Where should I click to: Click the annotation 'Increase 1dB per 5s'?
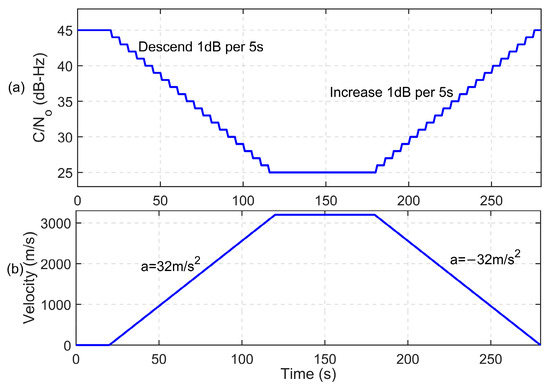coord(392,92)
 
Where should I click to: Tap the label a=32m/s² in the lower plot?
coord(178,267)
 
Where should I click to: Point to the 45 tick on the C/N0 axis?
coord(65,30)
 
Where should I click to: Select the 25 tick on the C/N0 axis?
coord(65,172)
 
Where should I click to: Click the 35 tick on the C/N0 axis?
coord(65,101)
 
